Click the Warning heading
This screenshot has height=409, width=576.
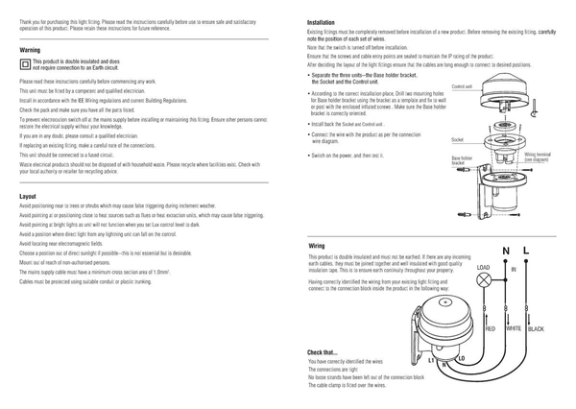coord(29,48)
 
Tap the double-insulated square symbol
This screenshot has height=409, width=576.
coord(25,64)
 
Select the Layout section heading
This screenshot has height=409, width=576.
coord(28,196)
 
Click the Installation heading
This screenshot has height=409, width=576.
coord(321,21)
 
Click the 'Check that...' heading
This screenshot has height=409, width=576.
coord(323,352)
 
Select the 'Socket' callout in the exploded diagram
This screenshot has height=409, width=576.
coord(458,140)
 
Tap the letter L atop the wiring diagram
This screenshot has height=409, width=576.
coord(526,251)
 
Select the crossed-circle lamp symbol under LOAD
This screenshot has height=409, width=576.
coord(484,280)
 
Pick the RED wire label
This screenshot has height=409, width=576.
coord(490,329)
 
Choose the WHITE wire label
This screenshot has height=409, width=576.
coord(514,329)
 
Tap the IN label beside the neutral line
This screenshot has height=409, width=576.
coord(514,271)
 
